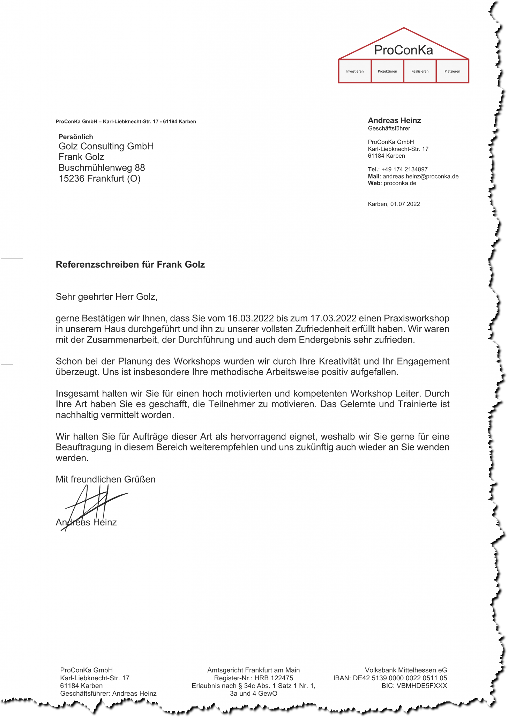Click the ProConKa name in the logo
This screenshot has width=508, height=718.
click(403, 50)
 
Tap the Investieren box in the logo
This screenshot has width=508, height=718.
click(355, 71)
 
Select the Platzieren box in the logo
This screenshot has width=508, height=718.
click(452, 71)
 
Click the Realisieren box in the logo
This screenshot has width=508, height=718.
click(420, 71)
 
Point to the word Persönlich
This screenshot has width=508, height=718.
click(76, 137)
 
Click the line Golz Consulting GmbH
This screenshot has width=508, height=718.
click(106, 146)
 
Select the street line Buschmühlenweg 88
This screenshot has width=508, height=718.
click(102, 168)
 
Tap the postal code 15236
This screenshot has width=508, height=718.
click(72, 179)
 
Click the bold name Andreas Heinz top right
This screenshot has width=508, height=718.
click(394, 121)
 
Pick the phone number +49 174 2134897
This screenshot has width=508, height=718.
click(404, 170)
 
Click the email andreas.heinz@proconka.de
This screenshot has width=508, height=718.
click(420, 177)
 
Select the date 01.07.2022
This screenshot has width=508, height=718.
click(405, 204)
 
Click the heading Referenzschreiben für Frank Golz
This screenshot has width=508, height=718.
click(130, 264)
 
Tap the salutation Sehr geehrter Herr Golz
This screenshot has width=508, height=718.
click(106, 297)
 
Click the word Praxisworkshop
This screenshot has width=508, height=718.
click(417, 318)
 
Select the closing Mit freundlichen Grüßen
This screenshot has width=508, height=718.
click(105, 479)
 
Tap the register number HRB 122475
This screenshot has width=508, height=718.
click(274, 678)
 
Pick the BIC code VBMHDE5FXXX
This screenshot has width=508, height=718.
click(421, 686)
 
